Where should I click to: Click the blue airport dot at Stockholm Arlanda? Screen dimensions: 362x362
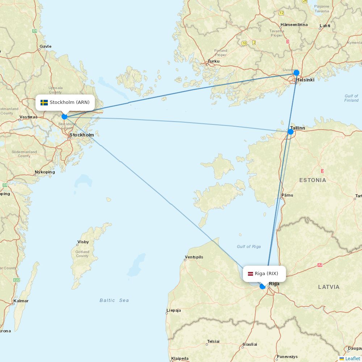(x=64, y=117)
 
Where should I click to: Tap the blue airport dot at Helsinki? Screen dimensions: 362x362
(x=296, y=73)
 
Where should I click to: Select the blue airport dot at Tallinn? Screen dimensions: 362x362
(x=290, y=132)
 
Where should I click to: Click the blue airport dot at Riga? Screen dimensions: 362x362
(x=263, y=286)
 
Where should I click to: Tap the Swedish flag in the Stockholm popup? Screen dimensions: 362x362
(x=44, y=102)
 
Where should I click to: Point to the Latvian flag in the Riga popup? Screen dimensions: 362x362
(x=251, y=274)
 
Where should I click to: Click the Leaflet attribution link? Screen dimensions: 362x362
(x=352, y=358)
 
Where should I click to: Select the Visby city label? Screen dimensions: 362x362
(x=83, y=242)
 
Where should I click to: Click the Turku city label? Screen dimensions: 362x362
(x=214, y=61)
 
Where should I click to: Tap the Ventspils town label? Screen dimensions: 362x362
(x=194, y=257)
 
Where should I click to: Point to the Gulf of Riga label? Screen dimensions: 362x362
(x=249, y=247)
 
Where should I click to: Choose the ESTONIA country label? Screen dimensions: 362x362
(x=312, y=180)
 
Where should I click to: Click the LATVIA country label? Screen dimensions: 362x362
(x=329, y=287)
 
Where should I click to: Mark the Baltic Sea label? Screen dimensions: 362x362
(x=114, y=300)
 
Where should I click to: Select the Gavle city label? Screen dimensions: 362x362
(x=46, y=46)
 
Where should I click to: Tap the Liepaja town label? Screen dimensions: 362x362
(x=173, y=310)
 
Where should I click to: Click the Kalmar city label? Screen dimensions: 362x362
(x=21, y=301)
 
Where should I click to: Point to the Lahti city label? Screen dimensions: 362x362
(x=325, y=26)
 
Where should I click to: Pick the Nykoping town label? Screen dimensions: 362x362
(x=45, y=172)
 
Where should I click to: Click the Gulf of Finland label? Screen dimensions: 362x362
(x=351, y=98)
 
